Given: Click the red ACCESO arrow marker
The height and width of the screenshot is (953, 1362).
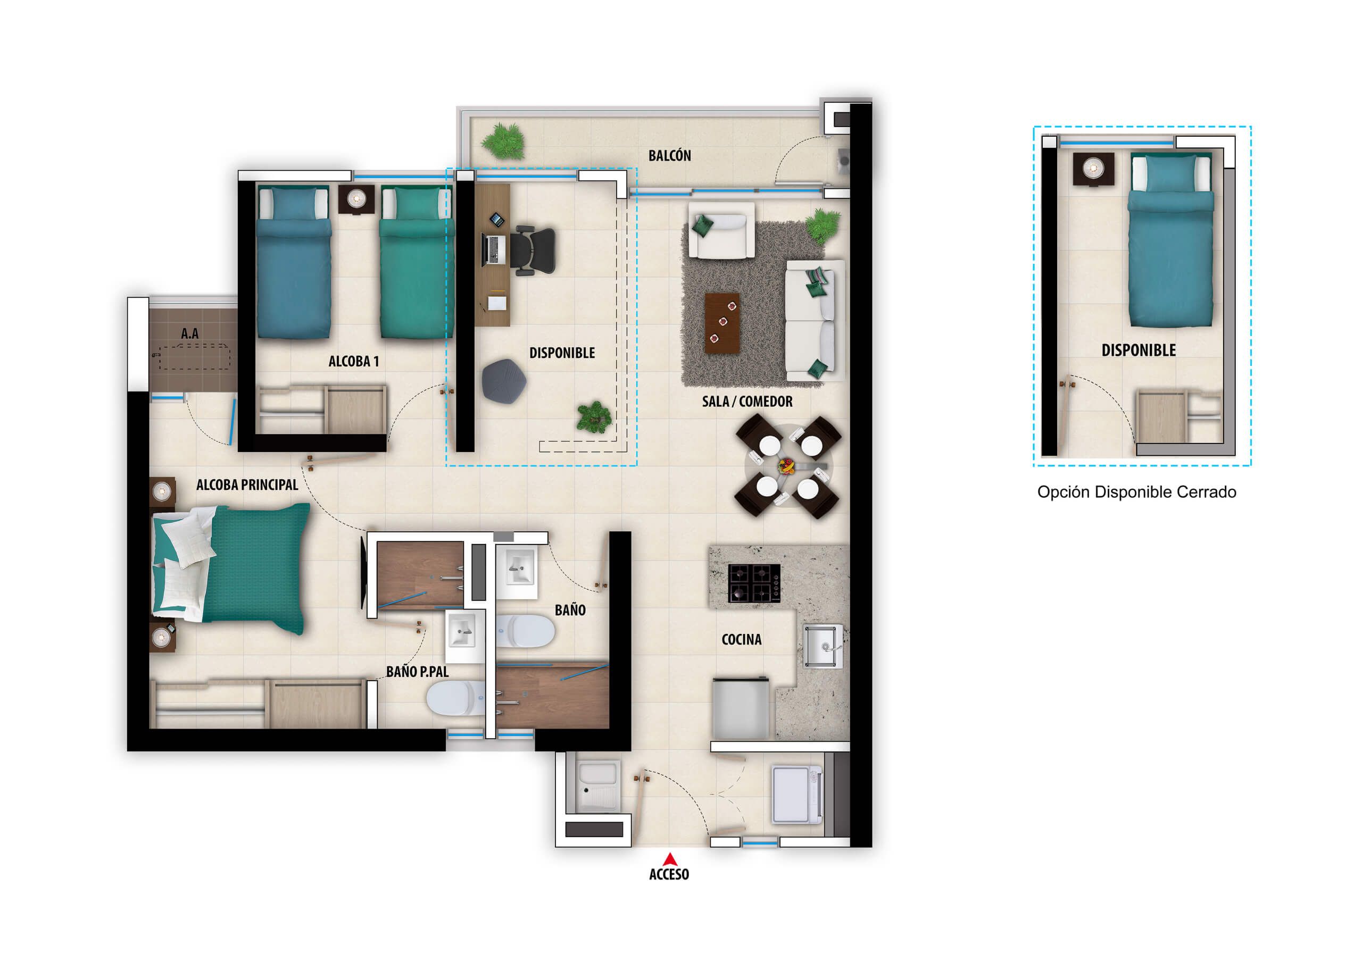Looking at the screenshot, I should click(670, 859).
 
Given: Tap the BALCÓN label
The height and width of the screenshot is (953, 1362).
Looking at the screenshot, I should click(669, 156).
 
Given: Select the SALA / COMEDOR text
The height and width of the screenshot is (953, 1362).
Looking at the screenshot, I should click(747, 402).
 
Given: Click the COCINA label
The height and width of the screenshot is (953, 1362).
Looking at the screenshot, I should click(741, 639).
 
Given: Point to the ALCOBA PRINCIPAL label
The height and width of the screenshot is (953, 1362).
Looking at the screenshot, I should click(247, 485).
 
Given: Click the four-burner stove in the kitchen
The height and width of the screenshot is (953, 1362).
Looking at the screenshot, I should click(754, 583).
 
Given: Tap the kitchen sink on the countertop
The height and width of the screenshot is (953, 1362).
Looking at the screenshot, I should click(822, 646).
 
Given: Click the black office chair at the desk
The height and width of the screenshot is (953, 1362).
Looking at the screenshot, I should click(534, 250).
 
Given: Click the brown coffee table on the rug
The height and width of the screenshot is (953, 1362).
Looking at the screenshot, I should click(722, 323).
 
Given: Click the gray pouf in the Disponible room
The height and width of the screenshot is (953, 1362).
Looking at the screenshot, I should click(504, 381).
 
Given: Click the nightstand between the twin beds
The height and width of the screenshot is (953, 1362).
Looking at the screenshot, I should click(356, 199).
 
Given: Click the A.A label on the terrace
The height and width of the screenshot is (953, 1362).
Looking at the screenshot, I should click(190, 334).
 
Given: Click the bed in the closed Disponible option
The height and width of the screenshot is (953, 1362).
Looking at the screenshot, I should click(1170, 240).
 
